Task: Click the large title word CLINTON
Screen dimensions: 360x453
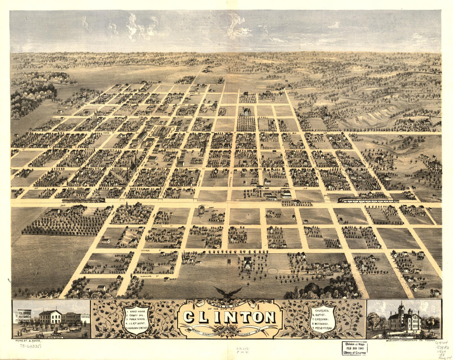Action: [x=229, y=317]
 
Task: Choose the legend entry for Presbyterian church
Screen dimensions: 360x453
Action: [x=323, y=329]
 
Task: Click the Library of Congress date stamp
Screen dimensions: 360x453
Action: [x=355, y=348]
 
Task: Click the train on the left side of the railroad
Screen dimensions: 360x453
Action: [x=84, y=201]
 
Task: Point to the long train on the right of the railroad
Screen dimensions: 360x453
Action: [x=368, y=201]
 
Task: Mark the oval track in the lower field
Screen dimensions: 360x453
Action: [x=273, y=271]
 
